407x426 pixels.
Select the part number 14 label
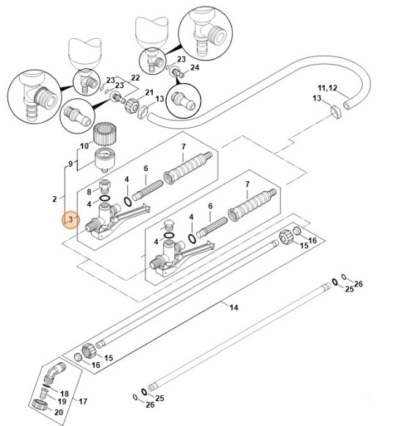click(x=234, y=308)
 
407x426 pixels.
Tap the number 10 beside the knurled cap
click(x=83, y=147)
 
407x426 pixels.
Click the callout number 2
click(x=54, y=199)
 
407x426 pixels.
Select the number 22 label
click(x=135, y=77)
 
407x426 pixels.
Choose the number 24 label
click(x=195, y=68)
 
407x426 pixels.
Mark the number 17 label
click(x=83, y=401)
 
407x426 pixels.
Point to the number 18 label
click(x=64, y=394)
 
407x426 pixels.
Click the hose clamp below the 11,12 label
click(x=335, y=111)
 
